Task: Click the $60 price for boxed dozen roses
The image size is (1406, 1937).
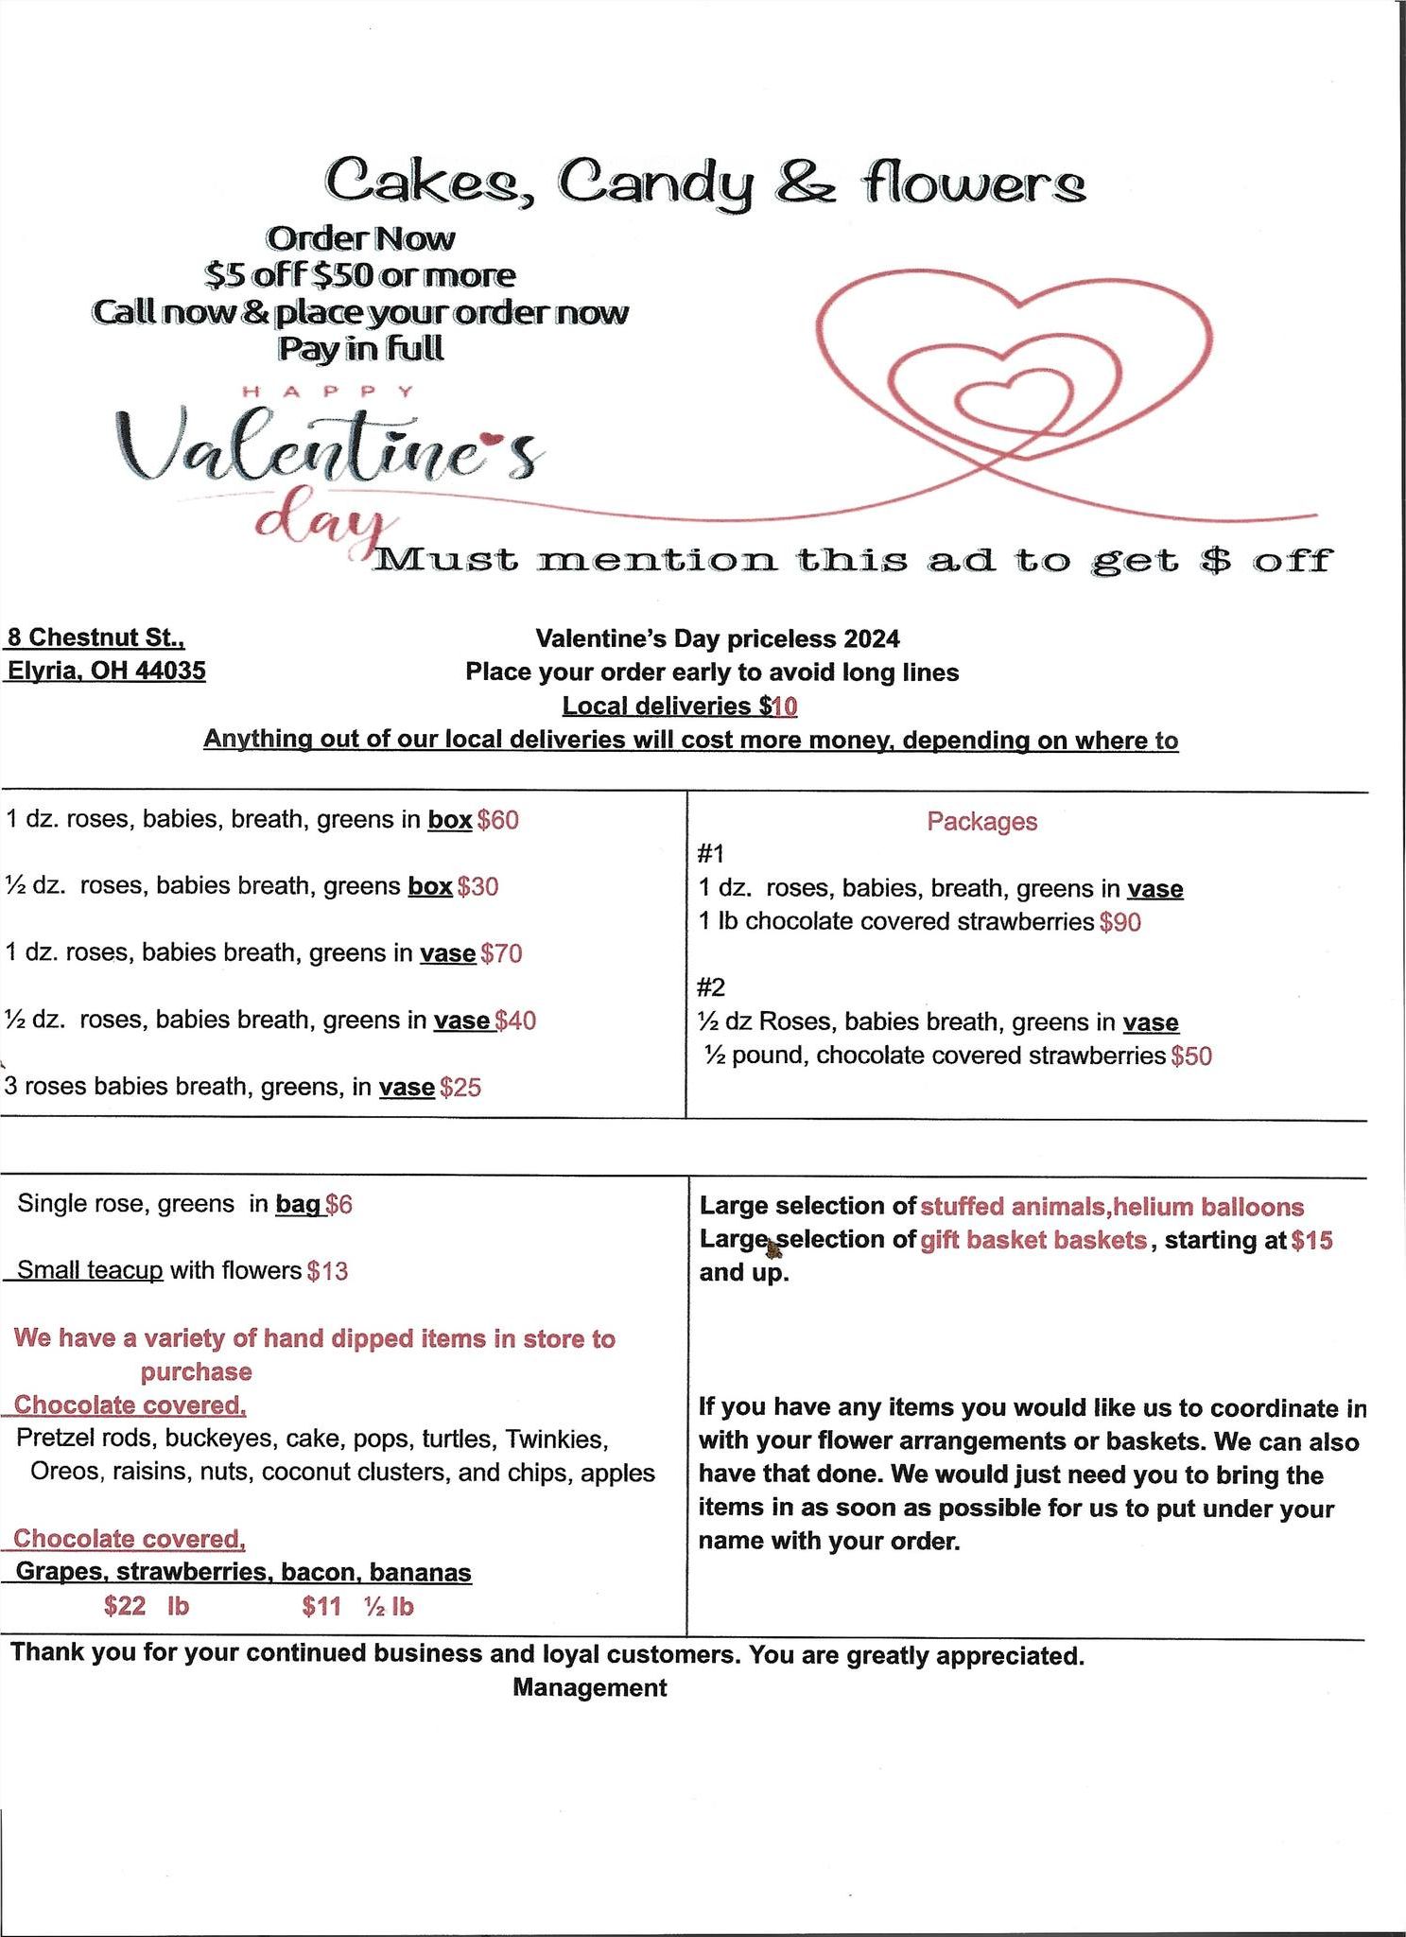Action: click(498, 820)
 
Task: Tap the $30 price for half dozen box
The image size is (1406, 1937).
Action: click(477, 887)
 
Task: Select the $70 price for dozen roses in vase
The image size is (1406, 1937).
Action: click(501, 953)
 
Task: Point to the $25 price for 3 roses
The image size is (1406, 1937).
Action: click(460, 1088)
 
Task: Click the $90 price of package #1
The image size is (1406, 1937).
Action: click(1120, 922)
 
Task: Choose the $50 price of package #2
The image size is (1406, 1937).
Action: click(1191, 1056)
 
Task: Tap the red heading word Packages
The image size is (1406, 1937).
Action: click(981, 822)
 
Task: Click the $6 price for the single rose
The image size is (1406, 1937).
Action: click(338, 1205)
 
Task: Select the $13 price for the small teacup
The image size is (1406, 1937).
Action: click(327, 1271)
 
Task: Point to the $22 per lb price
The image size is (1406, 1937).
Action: click(125, 1607)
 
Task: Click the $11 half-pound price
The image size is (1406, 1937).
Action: click(321, 1607)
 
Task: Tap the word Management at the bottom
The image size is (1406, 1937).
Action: click(590, 1688)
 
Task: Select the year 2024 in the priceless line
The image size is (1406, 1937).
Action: click(872, 639)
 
